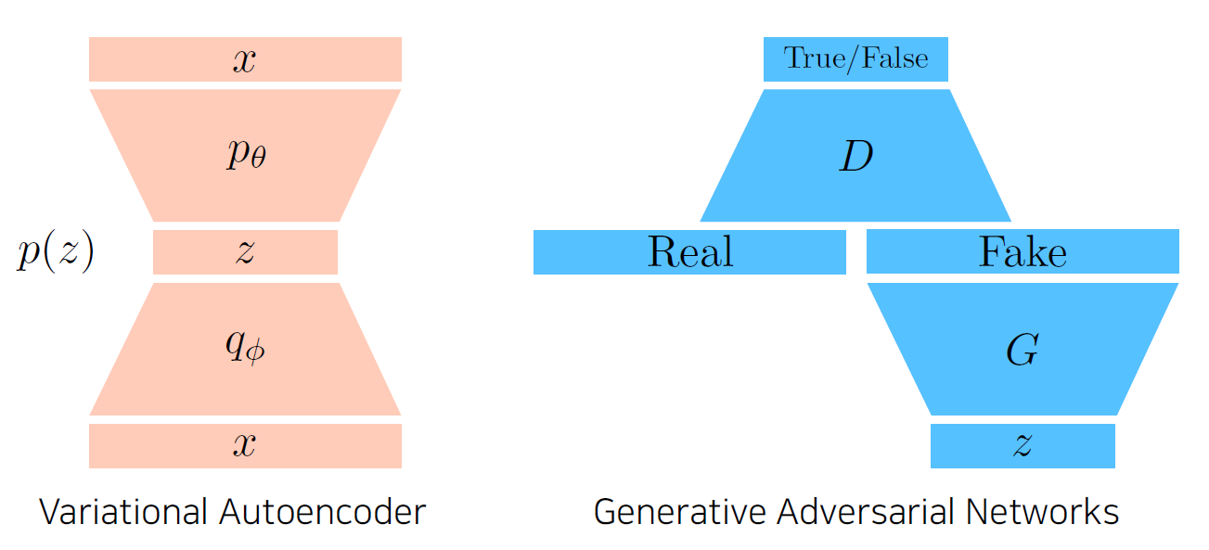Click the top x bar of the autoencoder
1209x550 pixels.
click(x=245, y=59)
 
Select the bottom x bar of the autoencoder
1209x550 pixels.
click(x=245, y=446)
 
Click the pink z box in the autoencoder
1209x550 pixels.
click(x=245, y=252)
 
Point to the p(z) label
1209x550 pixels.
click(x=56, y=252)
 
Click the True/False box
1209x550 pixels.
click(x=855, y=59)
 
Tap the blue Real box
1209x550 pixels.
click(x=689, y=252)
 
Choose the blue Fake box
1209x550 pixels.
click(x=1023, y=252)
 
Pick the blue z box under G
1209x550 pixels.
click(x=1023, y=446)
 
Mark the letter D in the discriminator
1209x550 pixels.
click(x=855, y=158)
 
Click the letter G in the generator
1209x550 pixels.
click(x=1022, y=351)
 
